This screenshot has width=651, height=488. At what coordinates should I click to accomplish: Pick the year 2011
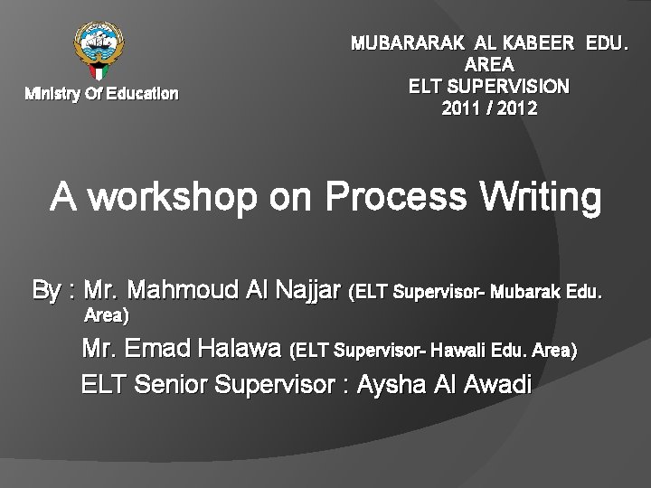click(460, 108)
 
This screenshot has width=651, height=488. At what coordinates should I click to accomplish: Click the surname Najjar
click(306, 291)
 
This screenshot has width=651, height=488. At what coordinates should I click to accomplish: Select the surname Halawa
click(240, 348)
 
